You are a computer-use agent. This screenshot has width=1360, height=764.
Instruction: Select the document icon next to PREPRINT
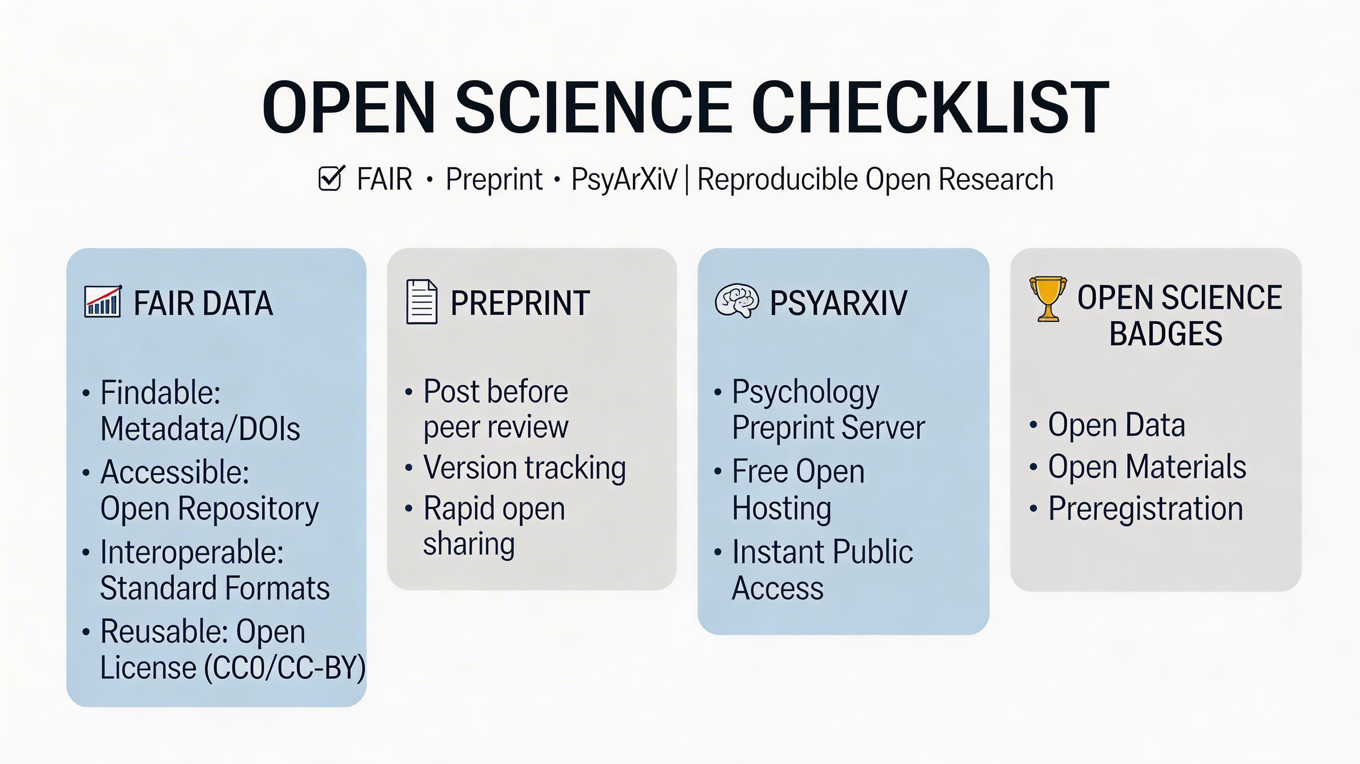coord(422,301)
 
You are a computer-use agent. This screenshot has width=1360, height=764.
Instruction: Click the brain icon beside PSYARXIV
coord(737,301)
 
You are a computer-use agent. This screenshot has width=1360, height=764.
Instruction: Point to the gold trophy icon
coord(1048,298)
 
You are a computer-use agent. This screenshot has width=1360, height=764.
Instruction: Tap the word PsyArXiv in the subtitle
coord(624,180)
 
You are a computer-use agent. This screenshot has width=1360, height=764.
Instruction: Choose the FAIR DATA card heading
coord(203,303)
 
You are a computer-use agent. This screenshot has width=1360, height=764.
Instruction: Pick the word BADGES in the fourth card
coord(1166,333)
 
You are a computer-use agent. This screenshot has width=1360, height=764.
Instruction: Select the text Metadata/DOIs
coord(200,428)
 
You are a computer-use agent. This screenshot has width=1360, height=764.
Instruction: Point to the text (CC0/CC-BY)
coord(285,668)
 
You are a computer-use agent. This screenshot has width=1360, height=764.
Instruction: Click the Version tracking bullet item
coord(524,468)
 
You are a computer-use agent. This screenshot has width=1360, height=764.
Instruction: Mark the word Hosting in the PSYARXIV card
coord(782,509)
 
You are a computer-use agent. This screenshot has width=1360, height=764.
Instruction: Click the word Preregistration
coord(1146,509)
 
